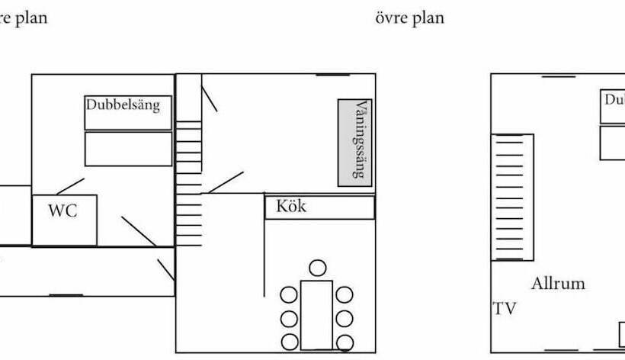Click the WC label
[62, 211]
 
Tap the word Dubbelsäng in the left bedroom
[123, 104]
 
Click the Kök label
[291, 206]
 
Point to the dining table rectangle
[316, 314]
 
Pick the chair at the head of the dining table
[317, 268]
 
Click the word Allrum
[559, 284]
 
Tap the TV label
[504, 309]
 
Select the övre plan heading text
[409, 18]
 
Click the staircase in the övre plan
[512, 197]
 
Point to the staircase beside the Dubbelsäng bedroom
[189, 183]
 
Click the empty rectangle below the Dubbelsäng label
[128, 149]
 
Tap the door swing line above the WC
[70, 185]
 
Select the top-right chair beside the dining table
[345, 294]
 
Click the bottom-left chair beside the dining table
[289, 342]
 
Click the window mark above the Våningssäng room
[333, 75]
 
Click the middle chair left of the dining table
[289, 318]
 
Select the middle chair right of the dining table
[345, 318]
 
